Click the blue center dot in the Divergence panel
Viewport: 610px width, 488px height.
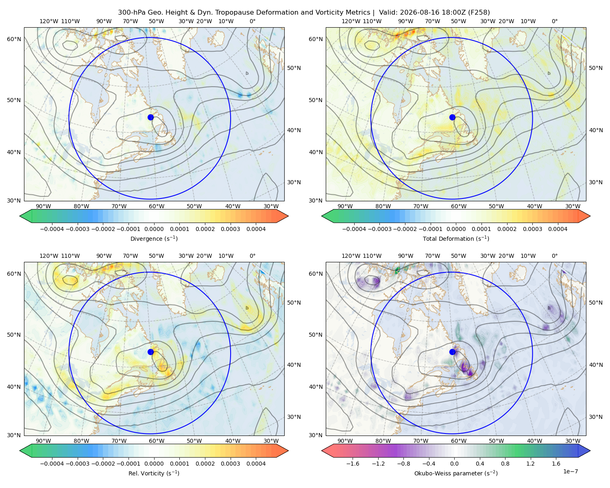tap(150, 118)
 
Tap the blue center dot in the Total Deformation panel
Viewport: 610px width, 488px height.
tap(452, 118)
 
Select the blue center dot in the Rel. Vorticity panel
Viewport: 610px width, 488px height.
tap(150, 352)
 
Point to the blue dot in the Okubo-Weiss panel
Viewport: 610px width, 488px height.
tap(452, 352)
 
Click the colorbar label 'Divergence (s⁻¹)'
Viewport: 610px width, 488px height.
tap(154, 239)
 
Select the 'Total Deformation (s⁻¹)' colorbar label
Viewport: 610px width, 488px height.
tap(456, 239)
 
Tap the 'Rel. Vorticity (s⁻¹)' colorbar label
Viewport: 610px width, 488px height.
tap(154, 473)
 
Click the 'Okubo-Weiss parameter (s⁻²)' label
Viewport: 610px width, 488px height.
tap(456, 473)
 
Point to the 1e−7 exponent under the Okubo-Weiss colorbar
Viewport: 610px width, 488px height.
tap(570, 472)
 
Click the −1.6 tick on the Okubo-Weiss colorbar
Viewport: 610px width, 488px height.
tap(353, 464)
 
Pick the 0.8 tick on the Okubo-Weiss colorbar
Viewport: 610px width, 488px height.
tap(505, 464)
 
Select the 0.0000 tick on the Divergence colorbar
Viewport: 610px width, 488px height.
tap(154, 229)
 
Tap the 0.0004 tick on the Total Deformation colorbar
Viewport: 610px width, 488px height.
tap(558, 229)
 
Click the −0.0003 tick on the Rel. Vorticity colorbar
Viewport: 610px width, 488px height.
tap(77, 464)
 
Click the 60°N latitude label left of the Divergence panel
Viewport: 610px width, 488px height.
tap(14, 39)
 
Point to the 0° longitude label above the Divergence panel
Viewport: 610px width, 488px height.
tap(253, 21)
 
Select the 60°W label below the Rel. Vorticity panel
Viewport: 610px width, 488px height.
tap(157, 441)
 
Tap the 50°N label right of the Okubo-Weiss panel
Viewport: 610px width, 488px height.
tap(596, 303)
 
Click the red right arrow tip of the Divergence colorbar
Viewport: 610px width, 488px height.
tap(288, 216)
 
